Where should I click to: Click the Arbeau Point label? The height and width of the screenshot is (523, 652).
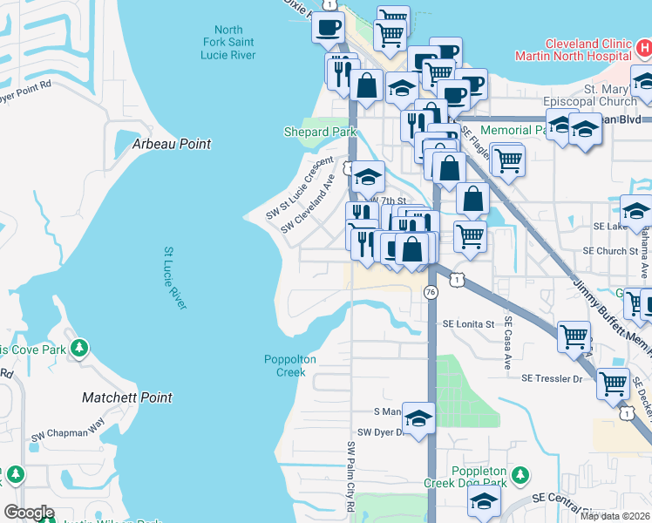(171, 144)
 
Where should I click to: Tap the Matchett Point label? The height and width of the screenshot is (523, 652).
(126, 397)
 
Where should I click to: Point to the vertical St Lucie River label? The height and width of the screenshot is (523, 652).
(175, 277)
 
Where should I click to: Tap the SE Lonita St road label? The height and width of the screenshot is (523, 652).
(468, 323)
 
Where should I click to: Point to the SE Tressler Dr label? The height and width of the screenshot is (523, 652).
(551, 378)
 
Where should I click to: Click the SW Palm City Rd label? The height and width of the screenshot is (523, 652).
(351, 476)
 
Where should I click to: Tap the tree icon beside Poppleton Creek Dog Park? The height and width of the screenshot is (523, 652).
(520, 475)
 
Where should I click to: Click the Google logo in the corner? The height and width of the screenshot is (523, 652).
(29, 513)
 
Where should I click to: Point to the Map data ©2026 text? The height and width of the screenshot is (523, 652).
(615, 516)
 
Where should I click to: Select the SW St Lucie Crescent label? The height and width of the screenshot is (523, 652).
(300, 186)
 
